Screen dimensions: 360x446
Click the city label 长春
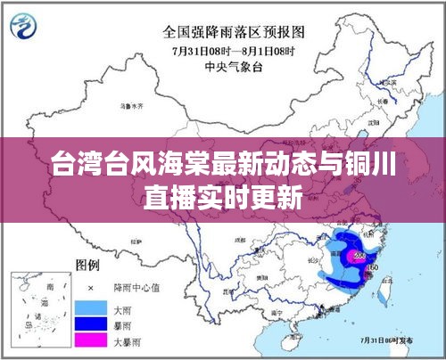point(386,101)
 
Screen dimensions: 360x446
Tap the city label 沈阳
point(373,120)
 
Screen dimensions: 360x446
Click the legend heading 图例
point(87,266)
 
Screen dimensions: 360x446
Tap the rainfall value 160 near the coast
point(374,268)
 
